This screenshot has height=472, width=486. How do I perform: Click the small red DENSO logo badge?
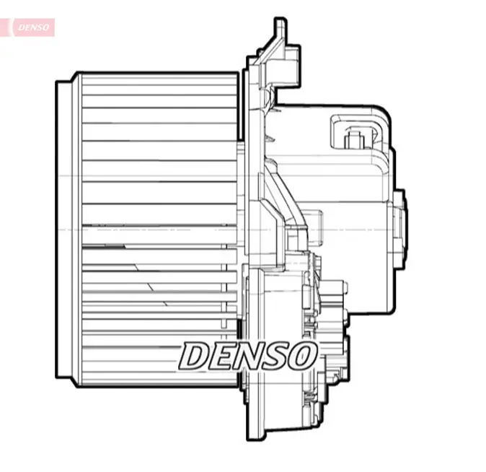click(31, 27)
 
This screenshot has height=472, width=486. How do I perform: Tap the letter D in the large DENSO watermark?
click(195, 355)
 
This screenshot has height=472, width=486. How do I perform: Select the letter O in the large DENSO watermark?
click(301, 355)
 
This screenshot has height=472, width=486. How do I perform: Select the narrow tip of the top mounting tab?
click(280, 27)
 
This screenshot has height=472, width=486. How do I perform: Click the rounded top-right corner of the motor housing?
click(382, 115)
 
